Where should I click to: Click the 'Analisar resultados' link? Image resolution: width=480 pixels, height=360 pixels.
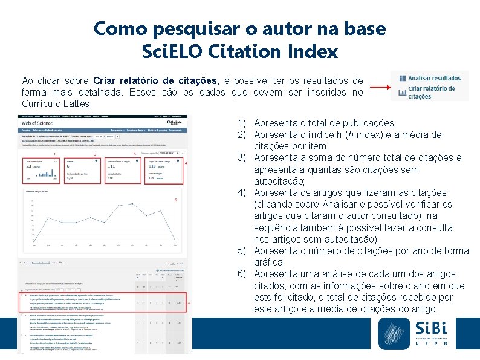(x=434, y=78)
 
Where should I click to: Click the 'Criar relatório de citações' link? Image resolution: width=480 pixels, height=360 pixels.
(x=432, y=92)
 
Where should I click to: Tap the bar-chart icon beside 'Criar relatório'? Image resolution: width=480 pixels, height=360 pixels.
(x=401, y=92)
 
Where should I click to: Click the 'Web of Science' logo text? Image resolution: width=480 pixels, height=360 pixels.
(x=37, y=122)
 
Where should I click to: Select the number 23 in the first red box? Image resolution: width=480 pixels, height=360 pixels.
(x=28, y=166)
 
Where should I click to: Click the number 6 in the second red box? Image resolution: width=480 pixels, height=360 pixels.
(x=69, y=166)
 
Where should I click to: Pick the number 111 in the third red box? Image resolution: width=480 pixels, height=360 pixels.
(x=111, y=166)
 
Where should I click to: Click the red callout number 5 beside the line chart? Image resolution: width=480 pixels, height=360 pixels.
(x=175, y=200)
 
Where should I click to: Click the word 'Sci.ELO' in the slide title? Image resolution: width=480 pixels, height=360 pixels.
(x=176, y=51)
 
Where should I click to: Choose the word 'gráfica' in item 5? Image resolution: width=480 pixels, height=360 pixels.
(x=270, y=263)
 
